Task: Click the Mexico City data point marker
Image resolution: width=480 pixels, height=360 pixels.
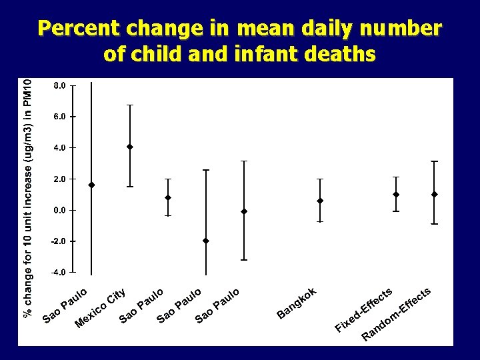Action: pyautogui.click(x=130, y=147)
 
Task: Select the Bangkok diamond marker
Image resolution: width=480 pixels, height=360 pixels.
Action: pyautogui.click(x=320, y=201)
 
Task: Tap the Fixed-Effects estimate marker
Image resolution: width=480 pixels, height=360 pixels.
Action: pyautogui.click(x=396, y=194)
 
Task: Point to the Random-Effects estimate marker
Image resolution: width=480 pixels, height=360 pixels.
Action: pyautogui.click(x=434, y=194)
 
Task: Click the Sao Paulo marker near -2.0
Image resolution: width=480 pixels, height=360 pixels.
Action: pyautogui.click(x=206, y=241)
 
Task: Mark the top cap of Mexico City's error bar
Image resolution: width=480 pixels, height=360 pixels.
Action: pyautogui.click(x=130, y=105)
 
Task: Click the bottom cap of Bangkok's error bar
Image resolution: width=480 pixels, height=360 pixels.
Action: pyautogui.click(x=320, y=221)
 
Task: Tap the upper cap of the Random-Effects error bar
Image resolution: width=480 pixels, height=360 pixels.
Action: pyautogui.click(x=434, y=161)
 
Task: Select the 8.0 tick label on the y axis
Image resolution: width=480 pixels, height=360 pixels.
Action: pyautogui.click(x=59, y=85)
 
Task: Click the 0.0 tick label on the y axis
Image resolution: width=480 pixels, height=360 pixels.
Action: pyautogui.click(x=59, y=210)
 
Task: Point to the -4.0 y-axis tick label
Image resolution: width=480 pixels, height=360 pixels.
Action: pyautogui.click(x=59, y=272)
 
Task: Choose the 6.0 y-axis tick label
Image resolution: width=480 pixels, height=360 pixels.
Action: pyautogui.click(x=59, y=117)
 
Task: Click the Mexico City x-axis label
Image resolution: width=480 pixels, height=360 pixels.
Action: pyautogui.click(x=101, y=309)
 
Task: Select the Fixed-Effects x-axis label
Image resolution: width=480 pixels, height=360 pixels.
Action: pyautogui.click(x=363, y=310)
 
